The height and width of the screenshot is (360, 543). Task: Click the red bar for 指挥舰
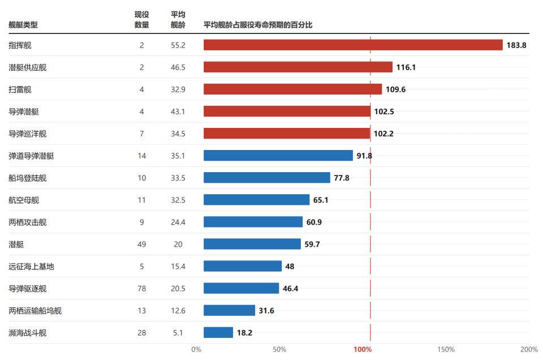click(x=353, y=45)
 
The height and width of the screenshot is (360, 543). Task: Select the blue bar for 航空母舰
click(x=257, y=200)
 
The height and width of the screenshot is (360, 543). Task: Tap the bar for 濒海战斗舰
click(x=218, y=333)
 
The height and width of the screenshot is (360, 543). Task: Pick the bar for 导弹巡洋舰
click(x=287, y=134)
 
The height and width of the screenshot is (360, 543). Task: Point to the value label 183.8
click(x=516, y=45)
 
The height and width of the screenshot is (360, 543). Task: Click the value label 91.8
click(x=364, y=156)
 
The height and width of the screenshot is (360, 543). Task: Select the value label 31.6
click(x=266, y=311)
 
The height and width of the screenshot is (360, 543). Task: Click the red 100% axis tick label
click(x=362, y=350)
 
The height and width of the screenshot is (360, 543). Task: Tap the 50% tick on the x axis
click(x=279, y=350)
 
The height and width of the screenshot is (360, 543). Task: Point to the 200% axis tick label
click(x=529, y=350)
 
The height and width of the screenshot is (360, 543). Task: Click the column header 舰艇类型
click(x=23, y=25)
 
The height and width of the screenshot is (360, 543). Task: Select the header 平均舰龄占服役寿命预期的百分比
click(x=258, y=25)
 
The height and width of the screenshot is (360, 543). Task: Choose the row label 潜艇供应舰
click(x=27, y=67)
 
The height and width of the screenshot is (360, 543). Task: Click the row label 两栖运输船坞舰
click(x=35, y=311)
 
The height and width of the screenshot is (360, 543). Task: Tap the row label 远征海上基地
click(x=31, y=267)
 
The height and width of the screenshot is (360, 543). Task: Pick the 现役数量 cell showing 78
click(x=141, y=289)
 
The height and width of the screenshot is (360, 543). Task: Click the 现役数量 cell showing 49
click(x=141, y=245)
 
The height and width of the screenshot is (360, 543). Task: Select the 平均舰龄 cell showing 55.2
click(x=178, y=45)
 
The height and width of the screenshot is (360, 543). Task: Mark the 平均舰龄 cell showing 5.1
click(x=178, y=333)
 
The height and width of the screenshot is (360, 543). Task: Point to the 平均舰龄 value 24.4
click(x=178, y=222)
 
